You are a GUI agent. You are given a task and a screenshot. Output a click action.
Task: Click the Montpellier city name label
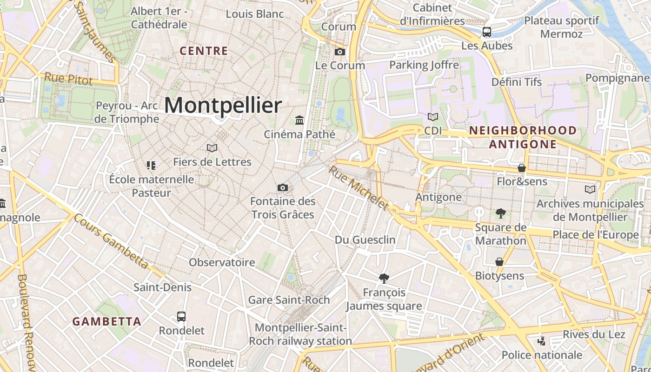[223, 106]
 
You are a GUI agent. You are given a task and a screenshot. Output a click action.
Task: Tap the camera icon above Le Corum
[340, 52]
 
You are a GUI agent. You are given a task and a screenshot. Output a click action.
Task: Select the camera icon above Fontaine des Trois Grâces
[282, 187]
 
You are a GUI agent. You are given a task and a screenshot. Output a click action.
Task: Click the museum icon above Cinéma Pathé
[299, 120]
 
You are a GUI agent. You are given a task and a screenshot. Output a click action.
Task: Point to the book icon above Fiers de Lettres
[212, 148]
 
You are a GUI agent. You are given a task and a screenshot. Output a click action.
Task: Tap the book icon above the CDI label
[433, 117]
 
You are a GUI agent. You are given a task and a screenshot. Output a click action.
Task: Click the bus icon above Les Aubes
[487, 32]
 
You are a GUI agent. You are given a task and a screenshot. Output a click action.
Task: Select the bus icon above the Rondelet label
[181, 317]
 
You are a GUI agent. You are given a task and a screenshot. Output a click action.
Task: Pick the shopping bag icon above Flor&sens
[522, 167]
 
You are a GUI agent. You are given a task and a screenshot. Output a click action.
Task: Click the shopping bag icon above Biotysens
[499, 262]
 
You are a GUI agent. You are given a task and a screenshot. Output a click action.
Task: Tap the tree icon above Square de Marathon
[500, 213]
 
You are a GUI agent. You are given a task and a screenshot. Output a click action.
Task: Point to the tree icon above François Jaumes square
[384, 278]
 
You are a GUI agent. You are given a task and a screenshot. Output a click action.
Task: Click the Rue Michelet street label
[358, 187]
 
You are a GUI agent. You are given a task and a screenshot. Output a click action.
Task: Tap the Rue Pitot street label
[68, 79]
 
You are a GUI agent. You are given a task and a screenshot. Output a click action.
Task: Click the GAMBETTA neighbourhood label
[107, 321]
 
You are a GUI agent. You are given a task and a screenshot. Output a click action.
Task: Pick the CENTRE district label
[204, 51]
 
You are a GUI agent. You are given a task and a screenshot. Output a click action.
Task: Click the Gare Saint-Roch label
[289, 300]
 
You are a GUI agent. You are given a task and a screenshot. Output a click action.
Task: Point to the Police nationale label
[542, 355]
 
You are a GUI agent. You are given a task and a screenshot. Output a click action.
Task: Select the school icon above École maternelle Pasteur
[151, 165]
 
